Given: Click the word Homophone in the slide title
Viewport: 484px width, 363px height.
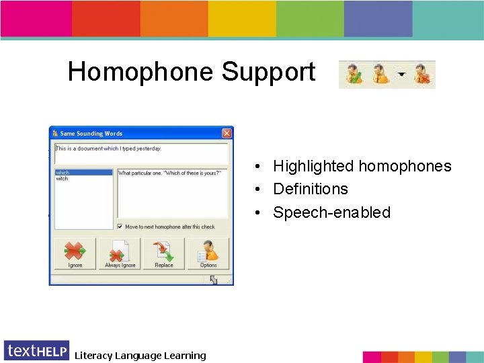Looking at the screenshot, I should [141, 72].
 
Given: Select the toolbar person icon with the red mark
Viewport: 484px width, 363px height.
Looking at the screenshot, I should [423, 75].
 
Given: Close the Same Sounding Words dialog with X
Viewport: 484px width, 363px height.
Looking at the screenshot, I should [227, 133].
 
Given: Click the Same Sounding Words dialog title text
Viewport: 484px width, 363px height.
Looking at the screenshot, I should [91, 134].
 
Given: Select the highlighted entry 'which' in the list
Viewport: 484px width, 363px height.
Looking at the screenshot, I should [63, 173].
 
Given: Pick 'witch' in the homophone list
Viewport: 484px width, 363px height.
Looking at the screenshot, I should [63, 179].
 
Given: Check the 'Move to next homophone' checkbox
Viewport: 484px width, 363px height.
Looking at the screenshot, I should [120, 227].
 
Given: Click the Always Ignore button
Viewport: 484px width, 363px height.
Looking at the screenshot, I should [120, 254].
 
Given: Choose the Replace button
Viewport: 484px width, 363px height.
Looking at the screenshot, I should [164, 254].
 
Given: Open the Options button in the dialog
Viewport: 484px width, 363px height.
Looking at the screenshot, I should [208, 254].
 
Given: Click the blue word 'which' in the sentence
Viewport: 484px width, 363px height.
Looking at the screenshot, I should [111, 149].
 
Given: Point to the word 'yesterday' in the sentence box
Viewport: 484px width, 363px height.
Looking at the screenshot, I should [147, 149].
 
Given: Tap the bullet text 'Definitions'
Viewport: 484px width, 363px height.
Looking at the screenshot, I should [310, 189].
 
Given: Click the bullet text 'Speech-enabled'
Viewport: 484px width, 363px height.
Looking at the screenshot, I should [331, 212].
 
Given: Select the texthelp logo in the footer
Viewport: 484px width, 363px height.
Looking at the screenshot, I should [36, 351].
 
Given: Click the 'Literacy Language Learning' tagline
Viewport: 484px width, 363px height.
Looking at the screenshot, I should [140, 356].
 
